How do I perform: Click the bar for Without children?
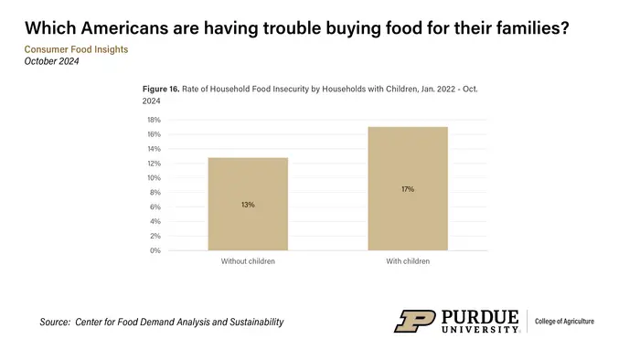tap(248, 204)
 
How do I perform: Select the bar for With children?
tap(408, 188)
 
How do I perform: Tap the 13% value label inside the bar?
tap(248, 205)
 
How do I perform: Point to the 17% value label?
tap(408, 189)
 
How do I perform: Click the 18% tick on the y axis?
tap(154, 120)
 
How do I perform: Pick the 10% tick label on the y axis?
tap(154, 178)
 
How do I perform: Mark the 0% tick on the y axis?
tap(155, 250)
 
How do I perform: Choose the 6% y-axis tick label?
tap(155, 206)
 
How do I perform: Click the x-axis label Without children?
tap(248, 261)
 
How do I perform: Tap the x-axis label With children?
tap(408, 261)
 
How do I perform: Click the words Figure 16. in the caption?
tap(161, 89)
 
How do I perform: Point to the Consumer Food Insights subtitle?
tap(76, 49)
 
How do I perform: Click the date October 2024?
tap(51, 61)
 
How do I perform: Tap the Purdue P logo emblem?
tap(415, 322)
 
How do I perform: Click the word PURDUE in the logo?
tap(480, 317)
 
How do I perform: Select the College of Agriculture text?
tap(564, 322)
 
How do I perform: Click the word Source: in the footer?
tap(55, 323)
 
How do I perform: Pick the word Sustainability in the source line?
tap(256, 323)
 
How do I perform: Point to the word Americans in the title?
tap(124, 28)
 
